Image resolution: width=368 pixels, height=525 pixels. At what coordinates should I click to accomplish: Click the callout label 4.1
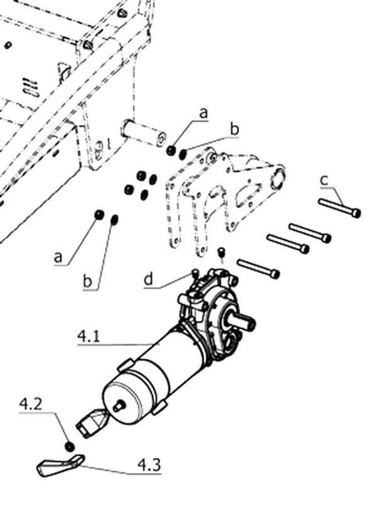[89, 336]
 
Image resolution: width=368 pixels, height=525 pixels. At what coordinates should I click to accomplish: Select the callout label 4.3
[149, 465]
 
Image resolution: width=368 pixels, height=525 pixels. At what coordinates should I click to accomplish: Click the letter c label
[324, 180]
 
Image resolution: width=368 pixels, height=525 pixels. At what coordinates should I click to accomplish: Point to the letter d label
[149, 279]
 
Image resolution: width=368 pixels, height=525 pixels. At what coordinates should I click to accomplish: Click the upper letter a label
[203, 113]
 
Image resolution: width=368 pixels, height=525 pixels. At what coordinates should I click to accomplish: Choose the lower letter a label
[58, 257]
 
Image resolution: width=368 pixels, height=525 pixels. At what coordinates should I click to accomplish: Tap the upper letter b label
[235, 129]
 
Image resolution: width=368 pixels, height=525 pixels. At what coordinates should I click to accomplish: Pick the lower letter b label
[87, 281]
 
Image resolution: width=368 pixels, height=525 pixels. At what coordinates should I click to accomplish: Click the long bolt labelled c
[339, 208]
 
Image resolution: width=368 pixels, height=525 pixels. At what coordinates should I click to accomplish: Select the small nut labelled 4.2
[69, 446]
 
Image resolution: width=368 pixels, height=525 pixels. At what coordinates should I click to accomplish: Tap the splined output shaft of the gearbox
[243, 321]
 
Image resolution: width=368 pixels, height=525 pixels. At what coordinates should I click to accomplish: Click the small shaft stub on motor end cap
[119, 406]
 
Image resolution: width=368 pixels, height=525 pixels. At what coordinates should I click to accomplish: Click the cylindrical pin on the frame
[144, 133]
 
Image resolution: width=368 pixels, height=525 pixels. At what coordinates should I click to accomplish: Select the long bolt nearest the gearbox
[258, 269]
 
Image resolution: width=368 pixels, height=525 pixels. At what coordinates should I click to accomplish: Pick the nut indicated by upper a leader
[171, 150]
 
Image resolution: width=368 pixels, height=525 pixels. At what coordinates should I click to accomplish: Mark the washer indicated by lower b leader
[114, 220]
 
